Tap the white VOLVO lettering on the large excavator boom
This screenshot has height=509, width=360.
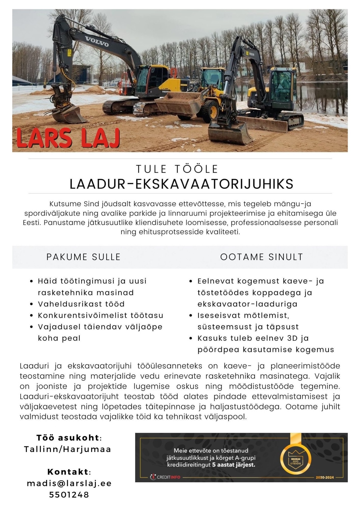tap(97, 41)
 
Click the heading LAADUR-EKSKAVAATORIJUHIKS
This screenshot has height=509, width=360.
tap(181, 184)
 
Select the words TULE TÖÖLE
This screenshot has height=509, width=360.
tap(177, 169)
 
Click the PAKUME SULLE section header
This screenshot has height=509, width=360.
tap(83, 257)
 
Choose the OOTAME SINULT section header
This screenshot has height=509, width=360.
tap(262, 257)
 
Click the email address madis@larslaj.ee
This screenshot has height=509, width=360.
tap(69, 483)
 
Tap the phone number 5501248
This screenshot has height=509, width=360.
tap(69, 495)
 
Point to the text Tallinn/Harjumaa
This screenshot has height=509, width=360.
tap(68, 449)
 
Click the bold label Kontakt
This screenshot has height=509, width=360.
tap(68, 472)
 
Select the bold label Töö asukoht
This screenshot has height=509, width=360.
tap(68, 438)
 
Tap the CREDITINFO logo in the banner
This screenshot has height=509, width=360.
tap(165, 477)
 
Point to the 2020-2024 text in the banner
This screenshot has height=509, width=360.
tap(325, 477)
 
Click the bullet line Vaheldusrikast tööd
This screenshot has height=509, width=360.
tap(81, 304)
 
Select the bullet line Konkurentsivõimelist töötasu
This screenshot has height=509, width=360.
tap(100, 315)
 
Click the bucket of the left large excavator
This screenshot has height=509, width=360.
tap(69, 114)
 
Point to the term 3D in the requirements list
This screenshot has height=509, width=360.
tap(292, 338)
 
